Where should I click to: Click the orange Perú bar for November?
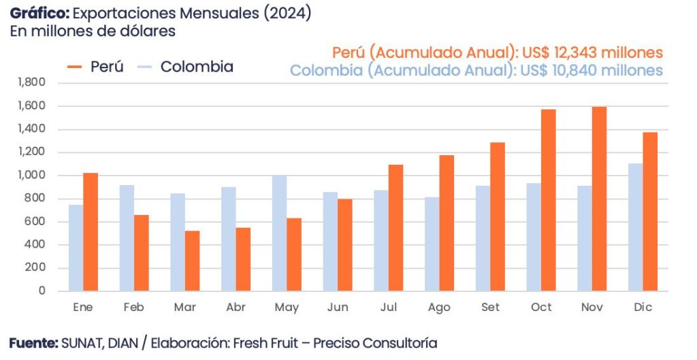(x=599, y=199)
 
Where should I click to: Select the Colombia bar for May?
(x=279, y=233)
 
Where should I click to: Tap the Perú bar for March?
(x=192, y=261)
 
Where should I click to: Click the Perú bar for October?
(x=548, y=200)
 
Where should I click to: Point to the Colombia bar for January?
(x=76, y=248)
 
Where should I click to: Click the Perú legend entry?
(x=96, y=67)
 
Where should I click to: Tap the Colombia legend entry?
(x=185, y=67)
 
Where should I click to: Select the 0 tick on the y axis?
(x=42, y=291)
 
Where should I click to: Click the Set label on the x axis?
(x=490, y=308)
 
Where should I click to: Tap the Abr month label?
(x=236, y=308)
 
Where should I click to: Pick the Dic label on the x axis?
(x=643, y=308)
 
